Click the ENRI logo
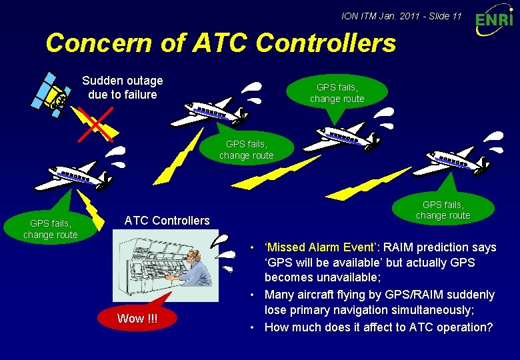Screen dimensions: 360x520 pos(494,21)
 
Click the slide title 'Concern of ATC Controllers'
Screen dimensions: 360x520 pos(221,43)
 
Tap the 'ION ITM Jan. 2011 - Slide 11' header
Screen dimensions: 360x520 pos(401,15)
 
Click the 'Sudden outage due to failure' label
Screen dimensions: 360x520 pos(122,87)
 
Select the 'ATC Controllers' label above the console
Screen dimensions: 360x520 pos(167,221)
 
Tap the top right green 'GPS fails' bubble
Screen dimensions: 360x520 pos(337,93)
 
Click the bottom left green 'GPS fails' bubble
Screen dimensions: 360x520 pos(50,228)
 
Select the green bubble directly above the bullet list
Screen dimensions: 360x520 pos(443,209)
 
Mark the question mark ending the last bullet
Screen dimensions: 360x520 pos(490,327)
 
